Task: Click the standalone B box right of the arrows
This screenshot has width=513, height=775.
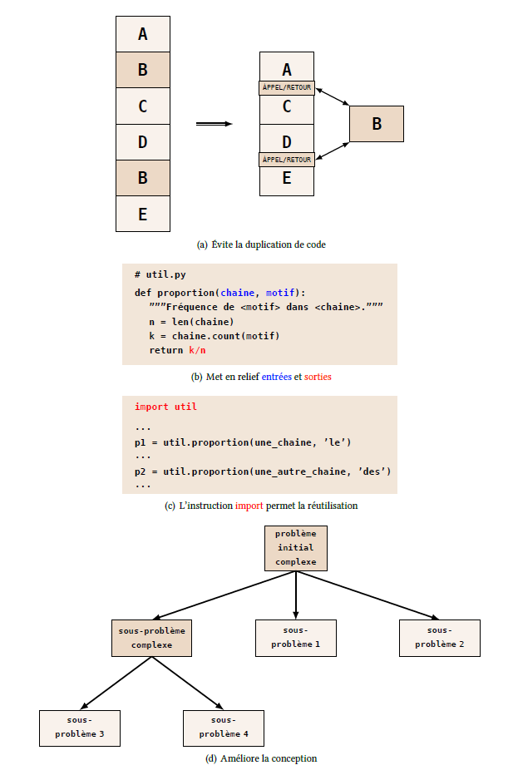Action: point(377,124)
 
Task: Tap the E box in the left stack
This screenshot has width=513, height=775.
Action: point(143,214)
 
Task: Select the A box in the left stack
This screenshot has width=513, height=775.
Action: point(143,34)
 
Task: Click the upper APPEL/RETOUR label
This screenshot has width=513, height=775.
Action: point(287,87)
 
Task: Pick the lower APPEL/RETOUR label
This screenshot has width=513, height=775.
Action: point(287,159)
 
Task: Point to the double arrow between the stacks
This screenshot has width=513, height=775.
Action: point(214,124)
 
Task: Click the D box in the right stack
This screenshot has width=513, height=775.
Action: point(287,141)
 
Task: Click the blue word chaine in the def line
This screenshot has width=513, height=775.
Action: point(239,293)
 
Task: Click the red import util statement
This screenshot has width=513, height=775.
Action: point(165,407)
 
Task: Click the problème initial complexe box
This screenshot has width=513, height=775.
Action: point(296,548)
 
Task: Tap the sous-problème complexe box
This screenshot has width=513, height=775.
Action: point(151,638)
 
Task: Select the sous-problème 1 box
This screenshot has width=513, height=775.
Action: point(295,638)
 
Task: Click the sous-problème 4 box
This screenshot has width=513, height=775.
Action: point(224,728)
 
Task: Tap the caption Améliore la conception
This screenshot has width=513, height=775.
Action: point(261,758)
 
